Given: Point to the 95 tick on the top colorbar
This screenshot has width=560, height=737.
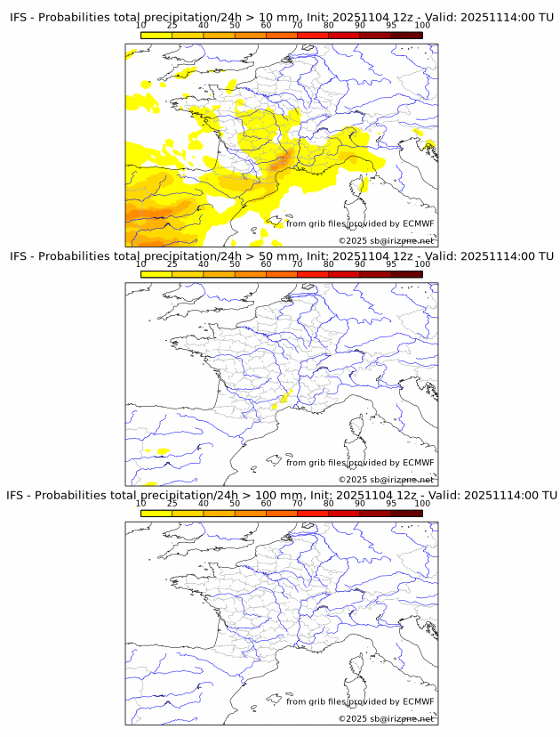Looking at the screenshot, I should point(391,27).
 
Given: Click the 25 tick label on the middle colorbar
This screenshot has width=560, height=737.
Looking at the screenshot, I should point(172,264).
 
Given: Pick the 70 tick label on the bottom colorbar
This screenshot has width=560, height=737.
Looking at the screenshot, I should point(297,503).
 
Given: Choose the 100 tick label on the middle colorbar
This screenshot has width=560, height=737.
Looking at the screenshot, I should point(421,264).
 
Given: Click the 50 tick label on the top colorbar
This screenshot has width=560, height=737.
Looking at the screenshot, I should point(235,27).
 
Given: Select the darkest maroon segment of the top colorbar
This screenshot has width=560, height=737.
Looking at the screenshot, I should point(406,35).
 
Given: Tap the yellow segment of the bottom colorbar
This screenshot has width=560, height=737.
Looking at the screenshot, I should point(156,513).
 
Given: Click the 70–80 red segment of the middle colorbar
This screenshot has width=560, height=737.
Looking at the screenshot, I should point(313,274).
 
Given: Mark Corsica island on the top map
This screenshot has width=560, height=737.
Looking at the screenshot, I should point(363,186).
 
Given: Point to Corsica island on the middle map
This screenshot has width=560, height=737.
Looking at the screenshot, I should point(363,425).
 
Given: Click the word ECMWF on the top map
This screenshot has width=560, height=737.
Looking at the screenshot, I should point(418,223).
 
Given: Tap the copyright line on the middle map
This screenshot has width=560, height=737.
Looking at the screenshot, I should point(386,480).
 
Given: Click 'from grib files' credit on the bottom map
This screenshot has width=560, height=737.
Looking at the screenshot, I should point(316,701).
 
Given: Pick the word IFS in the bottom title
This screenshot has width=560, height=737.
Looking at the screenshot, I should point(18,495).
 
